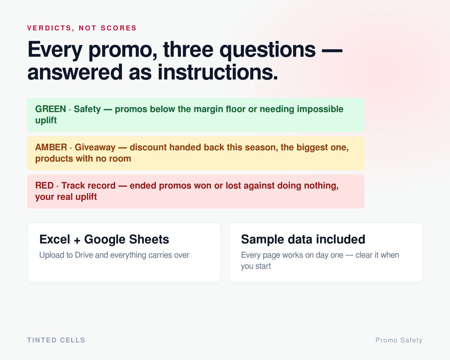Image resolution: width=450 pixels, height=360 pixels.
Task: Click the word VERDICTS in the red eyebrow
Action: pyautogui.click(x=50, y=28)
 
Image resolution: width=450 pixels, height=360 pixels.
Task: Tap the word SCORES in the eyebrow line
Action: pyautogui.click(x=119, y=28)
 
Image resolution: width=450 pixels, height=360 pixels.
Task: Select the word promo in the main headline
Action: pyautogui.click(x=122, y=50)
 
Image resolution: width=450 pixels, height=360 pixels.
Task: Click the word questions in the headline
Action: pyautogui.click(x=267, y=50)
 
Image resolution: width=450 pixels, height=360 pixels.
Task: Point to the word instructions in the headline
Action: pyautogui.click(x=218, y=72)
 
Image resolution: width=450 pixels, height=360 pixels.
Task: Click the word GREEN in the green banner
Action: pyautogui.click(x=50, y=109)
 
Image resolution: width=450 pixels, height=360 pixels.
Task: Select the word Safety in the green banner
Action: pyautogui.click(x=87, y=109)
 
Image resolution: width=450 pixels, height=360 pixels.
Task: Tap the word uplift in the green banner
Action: pyautogui.click(x=46, y=120)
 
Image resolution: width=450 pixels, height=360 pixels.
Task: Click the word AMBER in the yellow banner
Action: pyautogui.click(x=51, y=147)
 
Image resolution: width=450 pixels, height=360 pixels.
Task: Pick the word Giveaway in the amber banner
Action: pyautogui.click(x=95, y=148)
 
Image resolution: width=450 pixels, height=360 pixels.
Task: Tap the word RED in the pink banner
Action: pyautogui.click(x=44, y=185)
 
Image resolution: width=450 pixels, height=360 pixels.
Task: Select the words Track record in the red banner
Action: pyautogui.click(x=88, y=185)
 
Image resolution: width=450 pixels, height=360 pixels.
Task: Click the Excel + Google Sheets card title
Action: pyautogui.click(x=104, y=239)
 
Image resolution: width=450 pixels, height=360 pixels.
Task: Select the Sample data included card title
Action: pyautogui.click(x=303, y=239)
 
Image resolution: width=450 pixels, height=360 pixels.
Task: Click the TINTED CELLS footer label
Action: pyautogui.click(x=56, y=340)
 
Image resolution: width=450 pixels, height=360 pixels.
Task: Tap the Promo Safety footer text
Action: pyautogui.click(x=399, y=340)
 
